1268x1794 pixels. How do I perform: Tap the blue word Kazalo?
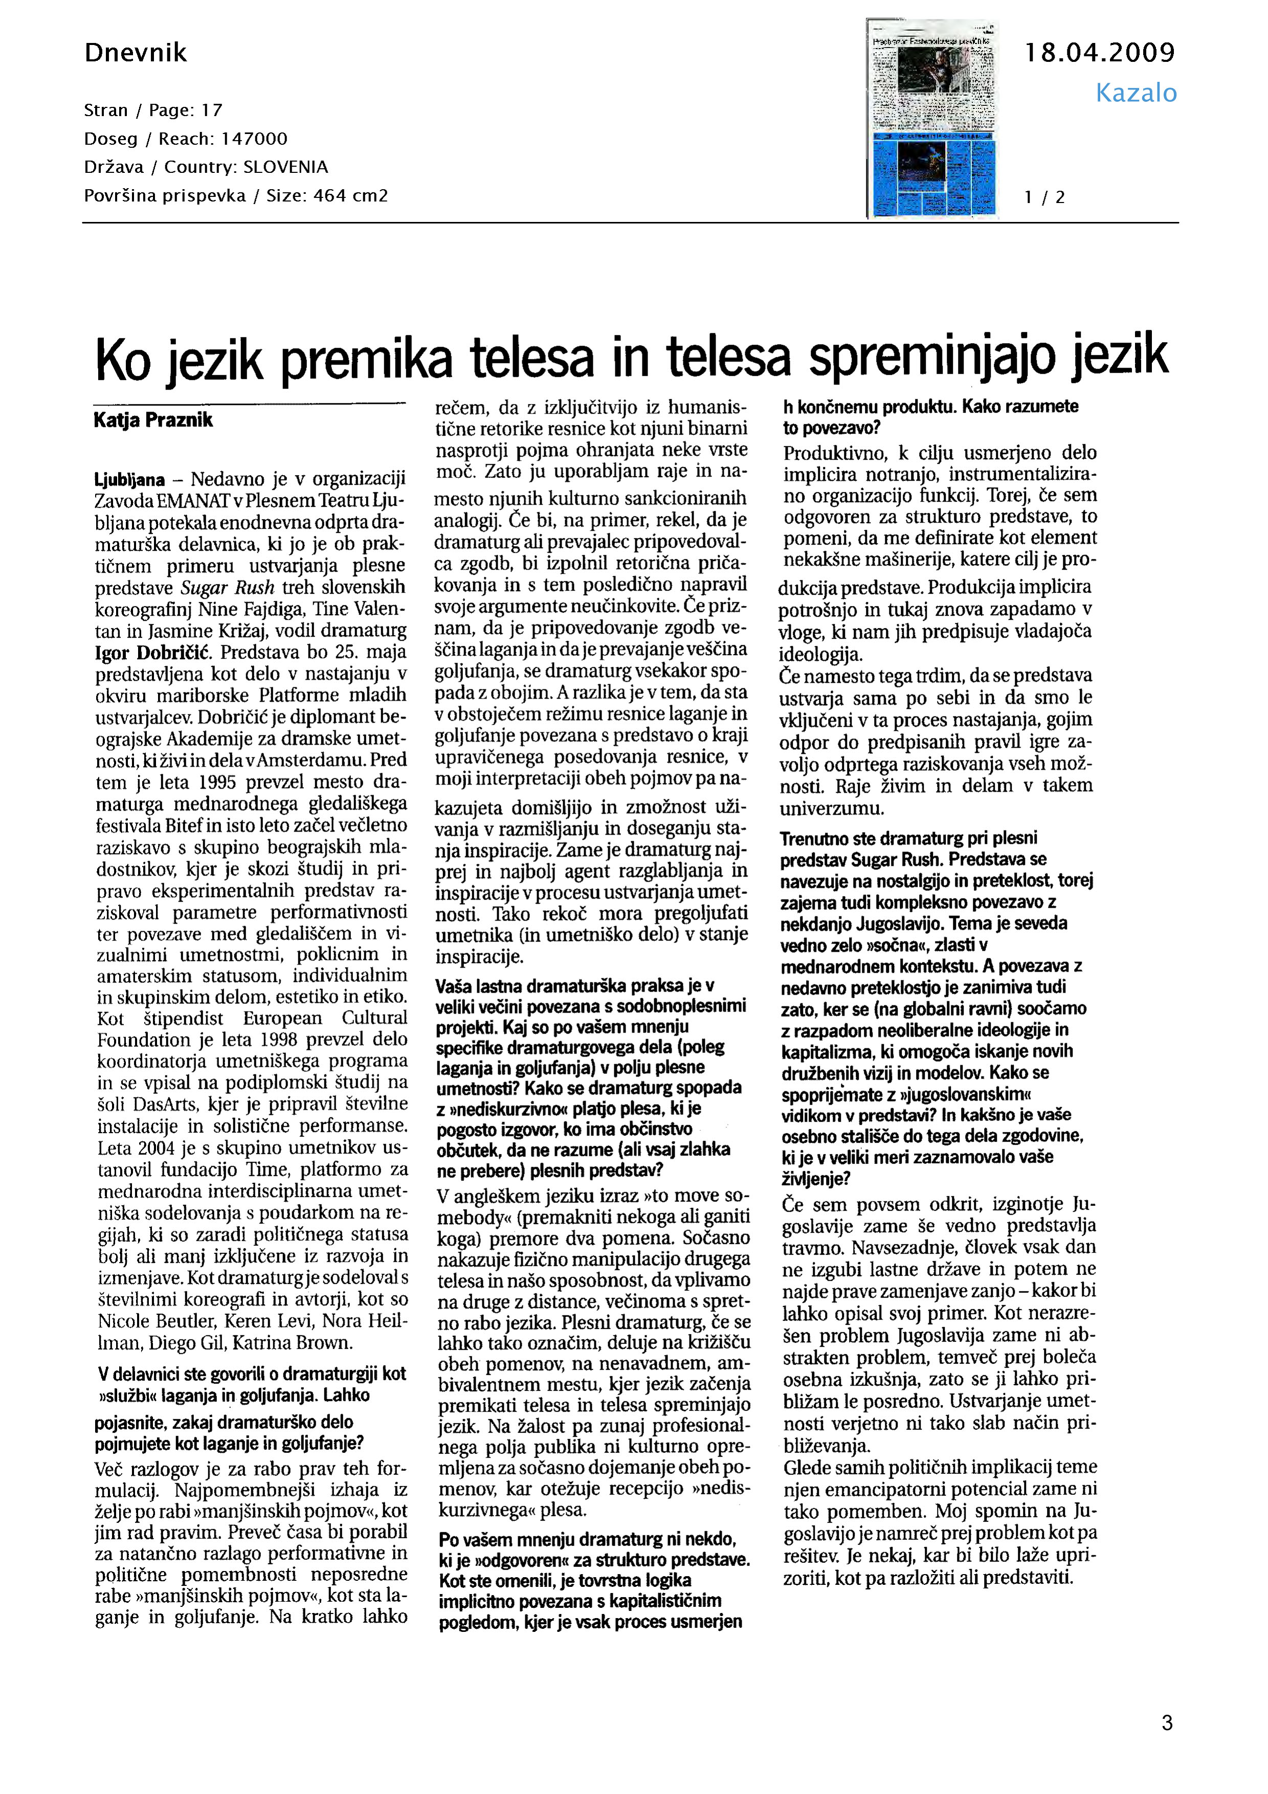1135,93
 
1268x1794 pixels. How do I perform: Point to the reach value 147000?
255,139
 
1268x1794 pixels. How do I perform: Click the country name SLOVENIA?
285,167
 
